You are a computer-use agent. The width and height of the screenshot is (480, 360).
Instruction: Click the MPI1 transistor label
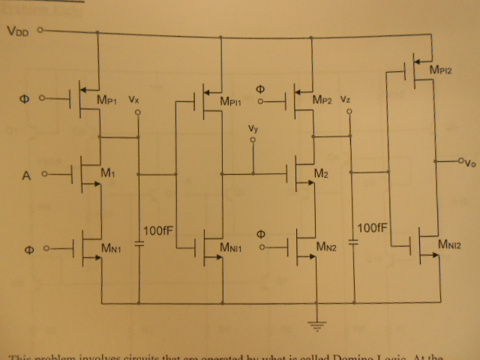(235, 102)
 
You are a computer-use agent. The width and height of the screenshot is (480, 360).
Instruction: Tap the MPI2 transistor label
(444, 70)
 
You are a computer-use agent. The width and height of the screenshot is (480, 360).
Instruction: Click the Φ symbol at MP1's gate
(23, 97)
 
